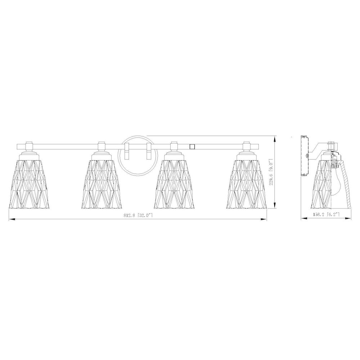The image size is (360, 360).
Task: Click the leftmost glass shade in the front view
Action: tap(29, 184)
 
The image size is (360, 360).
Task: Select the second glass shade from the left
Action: tap(102, 184)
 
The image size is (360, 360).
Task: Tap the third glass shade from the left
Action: tap(174, 184)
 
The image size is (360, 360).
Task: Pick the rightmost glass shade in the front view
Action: tap(247, 184)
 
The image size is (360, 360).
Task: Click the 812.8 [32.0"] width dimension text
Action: tap(138, 215)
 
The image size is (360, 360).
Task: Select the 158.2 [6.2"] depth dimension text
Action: tap(326, 215)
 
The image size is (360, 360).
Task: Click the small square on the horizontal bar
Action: tap(192, 146)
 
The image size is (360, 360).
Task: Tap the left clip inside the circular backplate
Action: tap(126, 151)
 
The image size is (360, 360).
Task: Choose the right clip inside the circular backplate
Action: tap(149, 151)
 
